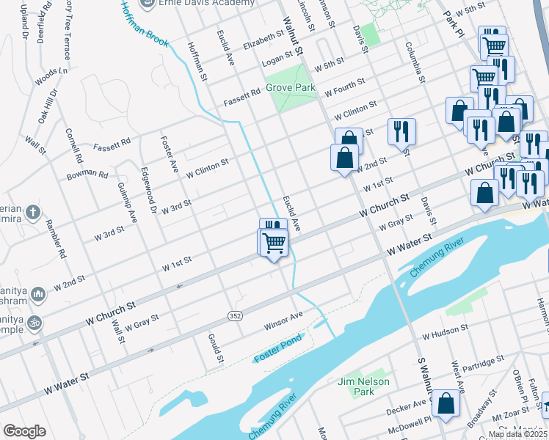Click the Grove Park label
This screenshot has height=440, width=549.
tap(290, 87)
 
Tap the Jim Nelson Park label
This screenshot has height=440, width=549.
tap(363, 386)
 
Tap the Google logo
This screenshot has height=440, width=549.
tap(25, 431)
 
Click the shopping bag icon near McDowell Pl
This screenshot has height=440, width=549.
tap(446, 403)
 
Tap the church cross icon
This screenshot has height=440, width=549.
tap(32, 213)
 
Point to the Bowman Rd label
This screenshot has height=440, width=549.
tap(87, 174)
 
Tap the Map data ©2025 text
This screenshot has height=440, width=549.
tap(517, 434)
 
